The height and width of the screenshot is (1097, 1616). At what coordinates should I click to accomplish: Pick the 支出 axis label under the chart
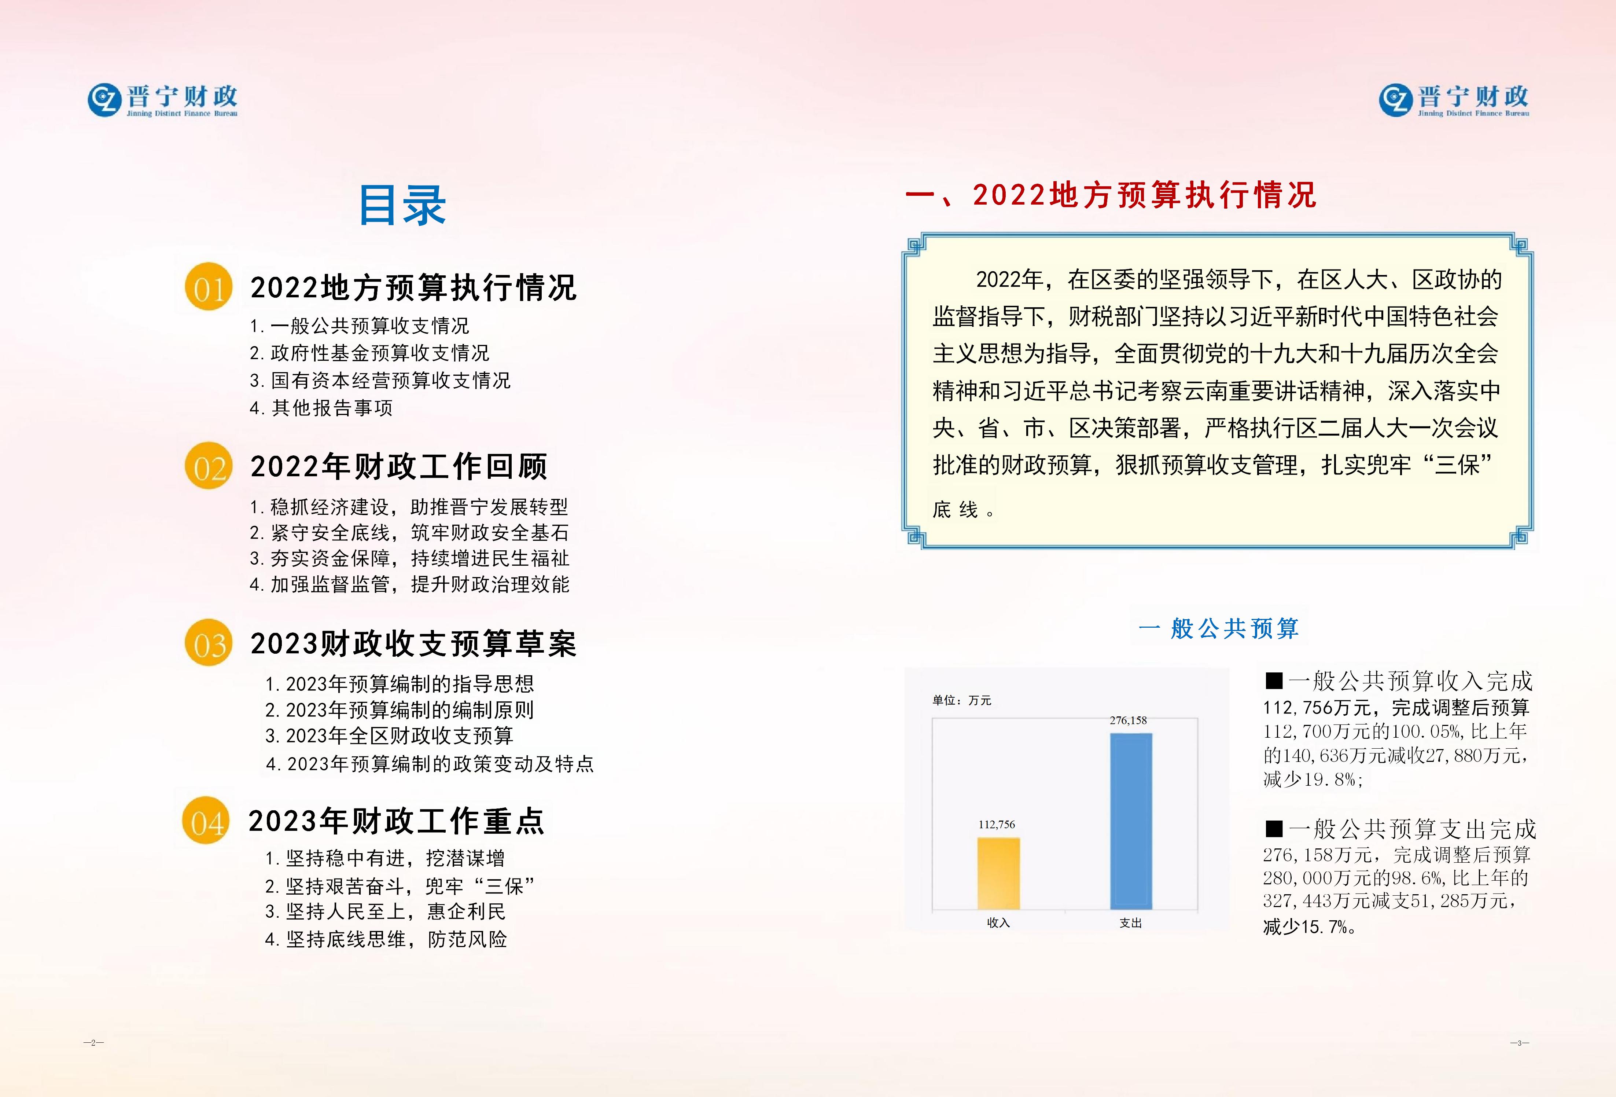point(1131,923)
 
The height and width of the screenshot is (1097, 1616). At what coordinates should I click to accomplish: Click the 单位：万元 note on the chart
point(962,701)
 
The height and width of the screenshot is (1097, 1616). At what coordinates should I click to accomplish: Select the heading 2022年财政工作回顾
point(399,466)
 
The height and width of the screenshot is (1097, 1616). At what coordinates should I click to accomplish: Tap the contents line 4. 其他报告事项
point(321,408)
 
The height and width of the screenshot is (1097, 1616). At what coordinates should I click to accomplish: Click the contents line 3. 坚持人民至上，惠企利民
point(385,911)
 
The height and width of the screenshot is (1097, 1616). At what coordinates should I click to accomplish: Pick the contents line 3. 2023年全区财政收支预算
point(389,736)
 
